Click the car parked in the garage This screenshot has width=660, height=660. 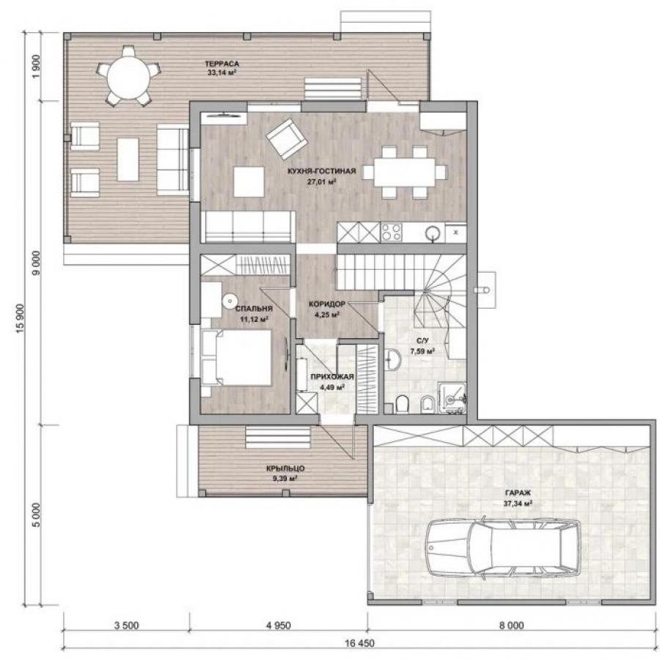tap(503, 548)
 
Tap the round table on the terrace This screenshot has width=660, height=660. tap(128, 77)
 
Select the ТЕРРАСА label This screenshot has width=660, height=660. tap(221, 64)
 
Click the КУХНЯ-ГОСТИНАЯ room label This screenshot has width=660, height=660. tap(322, 172)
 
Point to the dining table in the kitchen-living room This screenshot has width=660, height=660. tap(405, 172)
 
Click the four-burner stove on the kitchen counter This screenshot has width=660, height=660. tap(392, 232)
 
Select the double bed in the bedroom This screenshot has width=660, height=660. tap(236, 358)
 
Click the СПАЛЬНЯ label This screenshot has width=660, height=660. tap(254, 309)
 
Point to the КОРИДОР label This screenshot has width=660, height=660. tap(327, 304)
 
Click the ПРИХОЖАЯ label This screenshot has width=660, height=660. tap(332, 377)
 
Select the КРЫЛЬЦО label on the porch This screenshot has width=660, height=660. tap(285, 469)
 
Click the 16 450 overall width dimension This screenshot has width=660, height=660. tap(359, 643)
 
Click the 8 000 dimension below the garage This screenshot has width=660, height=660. tap(512, 626)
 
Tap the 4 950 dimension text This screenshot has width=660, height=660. tap(278, 626)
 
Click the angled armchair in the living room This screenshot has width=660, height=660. tap(286, 139)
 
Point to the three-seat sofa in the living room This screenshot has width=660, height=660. tap(248, 227)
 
